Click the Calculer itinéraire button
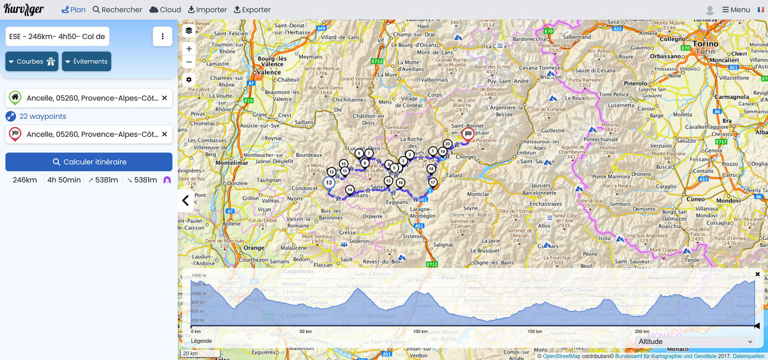89,162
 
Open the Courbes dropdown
32,61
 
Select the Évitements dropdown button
86,61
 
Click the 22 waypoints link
43,116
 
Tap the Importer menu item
207,10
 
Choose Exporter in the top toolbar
252,10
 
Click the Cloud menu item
165,10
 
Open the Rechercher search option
118,10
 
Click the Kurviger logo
24,10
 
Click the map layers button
189,31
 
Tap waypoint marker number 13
329,182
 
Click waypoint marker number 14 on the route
350,190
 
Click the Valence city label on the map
268,72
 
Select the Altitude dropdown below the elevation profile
695,341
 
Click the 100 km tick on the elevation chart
420,331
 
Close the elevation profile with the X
757,274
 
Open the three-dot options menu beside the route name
163,37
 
